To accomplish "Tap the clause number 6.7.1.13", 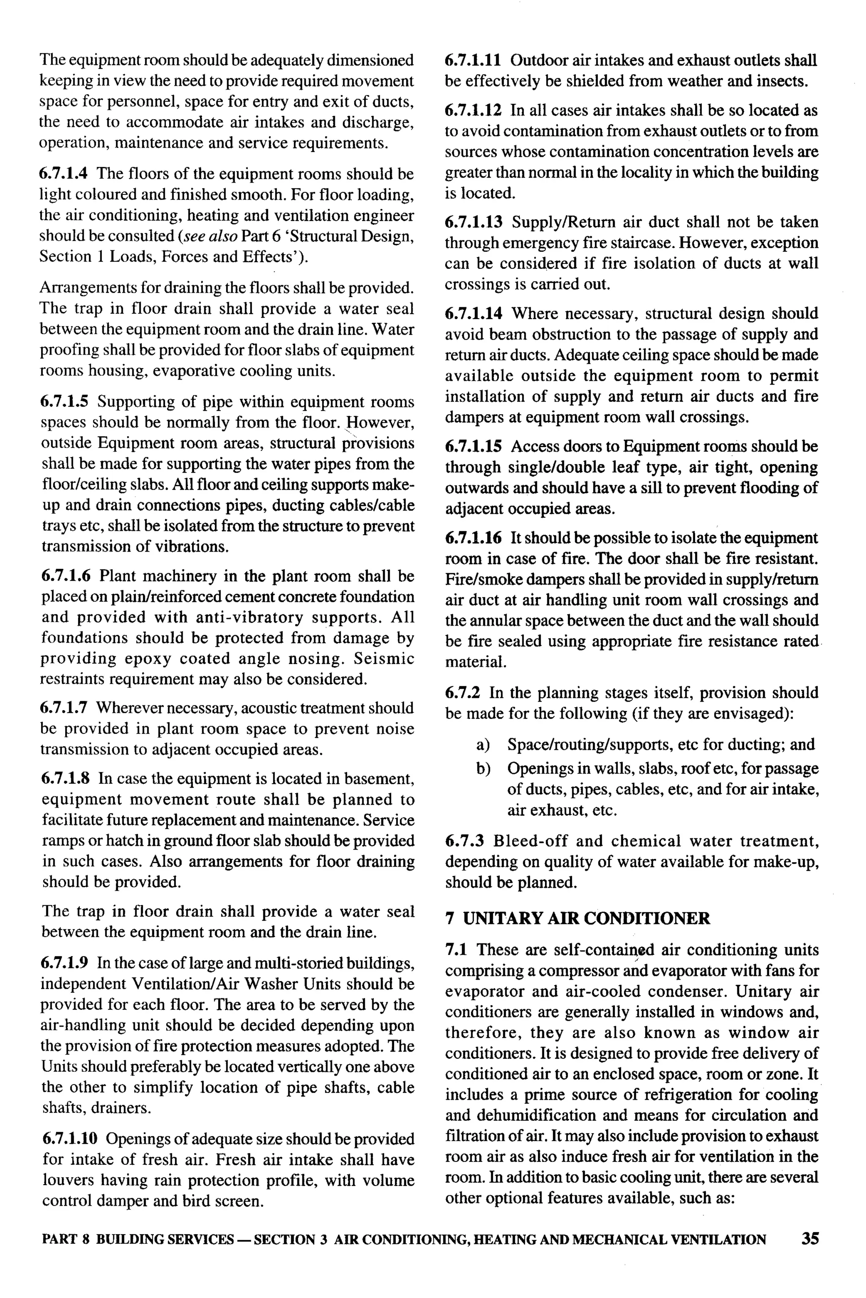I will (x=474, y=222).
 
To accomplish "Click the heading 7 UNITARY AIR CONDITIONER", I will (x=578, y=918).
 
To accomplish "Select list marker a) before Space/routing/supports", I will (x=483, y=745).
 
